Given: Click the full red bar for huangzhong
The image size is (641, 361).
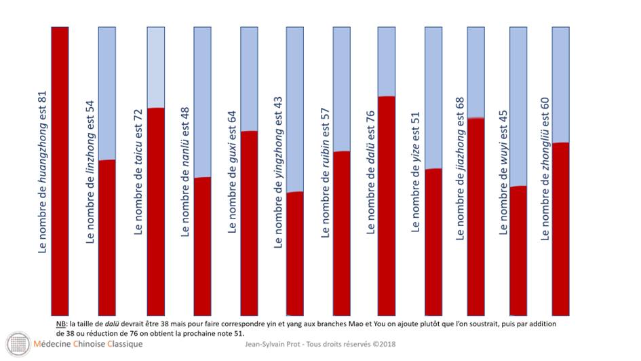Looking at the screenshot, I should click(60, 170).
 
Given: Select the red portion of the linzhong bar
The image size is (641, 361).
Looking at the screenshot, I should click(106, 237).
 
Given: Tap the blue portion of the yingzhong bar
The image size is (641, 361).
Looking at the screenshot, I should click(295, 109).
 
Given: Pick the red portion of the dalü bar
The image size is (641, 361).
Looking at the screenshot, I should click(387, 204).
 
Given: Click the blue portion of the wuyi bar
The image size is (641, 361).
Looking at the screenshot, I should click(518, 105).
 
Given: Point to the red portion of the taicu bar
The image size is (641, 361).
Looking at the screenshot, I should click(156, 210).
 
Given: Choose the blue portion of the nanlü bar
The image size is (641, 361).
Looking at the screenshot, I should click(202, 102).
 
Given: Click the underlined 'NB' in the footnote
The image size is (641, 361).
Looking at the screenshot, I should click(62, 324).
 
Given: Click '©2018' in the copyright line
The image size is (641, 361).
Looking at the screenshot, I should click(385, 344).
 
